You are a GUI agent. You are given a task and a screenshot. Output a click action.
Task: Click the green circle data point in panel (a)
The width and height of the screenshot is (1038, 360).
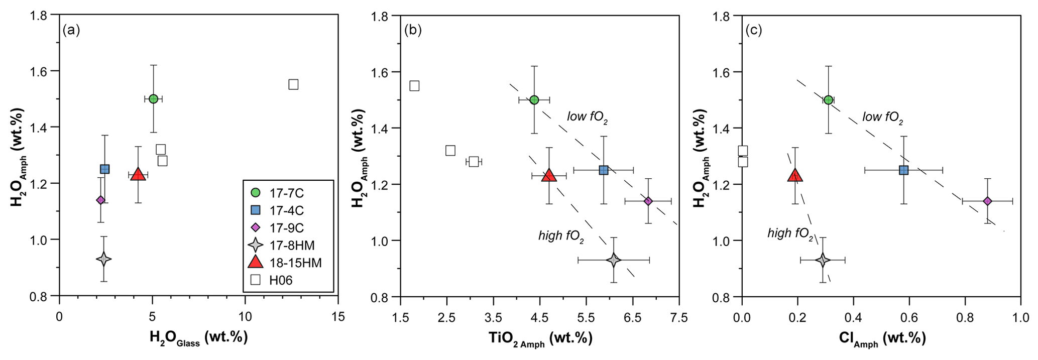154,99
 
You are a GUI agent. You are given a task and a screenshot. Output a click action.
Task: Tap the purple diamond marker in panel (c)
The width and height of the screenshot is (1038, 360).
987,201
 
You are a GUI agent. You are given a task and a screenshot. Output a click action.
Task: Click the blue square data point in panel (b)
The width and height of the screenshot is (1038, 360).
604,170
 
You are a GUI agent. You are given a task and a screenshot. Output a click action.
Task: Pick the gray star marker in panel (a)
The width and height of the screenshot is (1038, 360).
103,259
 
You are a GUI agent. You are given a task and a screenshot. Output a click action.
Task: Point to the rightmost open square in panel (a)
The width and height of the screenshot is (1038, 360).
293,84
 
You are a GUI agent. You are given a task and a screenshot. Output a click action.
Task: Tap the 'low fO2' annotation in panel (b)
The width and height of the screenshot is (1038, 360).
588,117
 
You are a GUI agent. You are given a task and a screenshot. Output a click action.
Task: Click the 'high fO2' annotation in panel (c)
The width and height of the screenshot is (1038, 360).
790,234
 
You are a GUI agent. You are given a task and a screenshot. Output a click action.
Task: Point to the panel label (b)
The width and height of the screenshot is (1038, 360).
413,30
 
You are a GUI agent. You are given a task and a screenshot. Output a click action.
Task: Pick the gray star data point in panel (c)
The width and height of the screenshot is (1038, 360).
823,260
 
